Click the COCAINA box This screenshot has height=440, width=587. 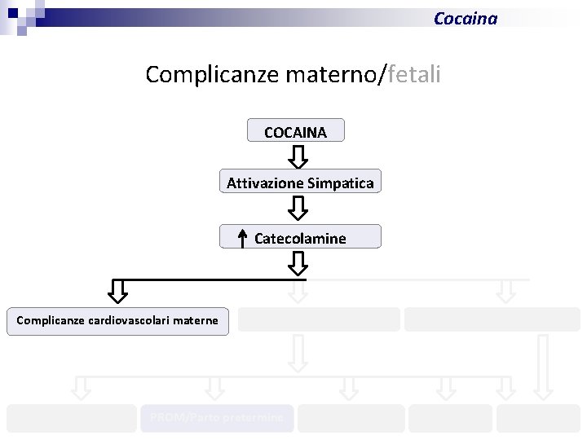(295, 131)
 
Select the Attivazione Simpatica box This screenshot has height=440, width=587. (300, 183)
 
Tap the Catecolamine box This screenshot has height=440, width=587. (300, 237)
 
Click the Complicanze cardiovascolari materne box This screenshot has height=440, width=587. (118, 320)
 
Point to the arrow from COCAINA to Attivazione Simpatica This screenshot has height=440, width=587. (298, 156)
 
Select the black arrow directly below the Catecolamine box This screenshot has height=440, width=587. (298, 262)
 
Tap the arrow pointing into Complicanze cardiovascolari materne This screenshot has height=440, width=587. (119, 290)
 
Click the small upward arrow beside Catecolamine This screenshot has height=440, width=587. (242, 237)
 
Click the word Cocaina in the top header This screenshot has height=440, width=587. (465, 18)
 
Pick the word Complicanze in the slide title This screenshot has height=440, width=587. (212, 75)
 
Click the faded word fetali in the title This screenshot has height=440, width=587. (415, 75)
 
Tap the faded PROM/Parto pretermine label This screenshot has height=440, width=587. (217, 418)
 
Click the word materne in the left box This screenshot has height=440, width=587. (195, 320)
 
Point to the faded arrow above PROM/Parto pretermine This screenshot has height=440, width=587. (214, 388)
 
